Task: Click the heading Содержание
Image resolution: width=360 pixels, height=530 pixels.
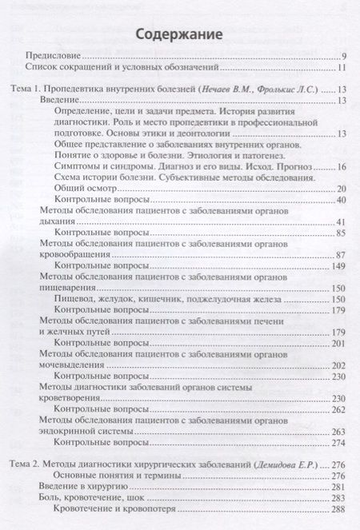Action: (179, 34)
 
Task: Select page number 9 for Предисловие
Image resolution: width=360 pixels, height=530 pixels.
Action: (343, 58)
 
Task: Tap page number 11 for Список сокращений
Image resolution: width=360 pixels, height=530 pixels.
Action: (342, 70)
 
